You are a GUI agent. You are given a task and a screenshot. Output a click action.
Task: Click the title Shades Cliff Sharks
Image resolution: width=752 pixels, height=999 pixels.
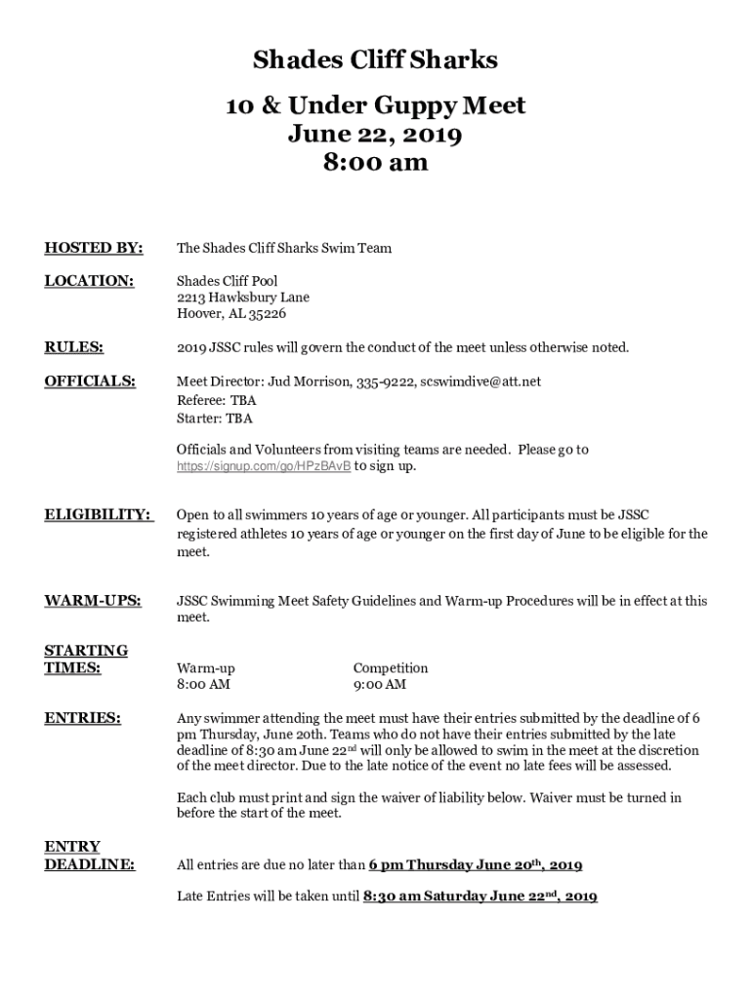coord(375,60)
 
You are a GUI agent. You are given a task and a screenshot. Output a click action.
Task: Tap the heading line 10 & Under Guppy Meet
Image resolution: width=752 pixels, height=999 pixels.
coord(375,104)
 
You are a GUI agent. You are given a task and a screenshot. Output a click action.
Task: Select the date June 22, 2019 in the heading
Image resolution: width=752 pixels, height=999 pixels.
coord(375,134)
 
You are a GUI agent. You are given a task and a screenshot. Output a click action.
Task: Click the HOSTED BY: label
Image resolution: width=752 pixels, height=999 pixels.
coord(94,248)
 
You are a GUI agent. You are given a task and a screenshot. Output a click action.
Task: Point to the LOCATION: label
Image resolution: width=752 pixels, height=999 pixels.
coord(89,281)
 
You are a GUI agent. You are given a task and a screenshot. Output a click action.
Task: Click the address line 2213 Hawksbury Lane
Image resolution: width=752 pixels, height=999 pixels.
coord(243,298)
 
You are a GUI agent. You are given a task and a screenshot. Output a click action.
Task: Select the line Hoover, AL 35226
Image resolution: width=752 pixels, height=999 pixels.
coord(231,314)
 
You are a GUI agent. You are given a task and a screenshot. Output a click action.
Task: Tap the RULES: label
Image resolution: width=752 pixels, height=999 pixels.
coord(74,347)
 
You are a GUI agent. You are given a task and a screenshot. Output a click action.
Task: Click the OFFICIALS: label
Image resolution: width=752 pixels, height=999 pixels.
coord(90,380)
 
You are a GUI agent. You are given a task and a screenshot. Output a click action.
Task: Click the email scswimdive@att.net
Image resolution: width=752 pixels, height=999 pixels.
coord(480,380)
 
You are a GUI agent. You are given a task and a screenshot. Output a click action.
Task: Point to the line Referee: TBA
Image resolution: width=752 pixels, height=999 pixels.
coord(216,400)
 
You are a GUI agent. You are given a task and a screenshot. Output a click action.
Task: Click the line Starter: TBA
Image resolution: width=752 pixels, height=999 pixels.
coord(214,419)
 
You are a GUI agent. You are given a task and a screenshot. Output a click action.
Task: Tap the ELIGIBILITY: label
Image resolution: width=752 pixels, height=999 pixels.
coord(98,514)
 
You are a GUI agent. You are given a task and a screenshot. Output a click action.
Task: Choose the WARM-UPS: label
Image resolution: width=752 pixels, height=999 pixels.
coord(93,601)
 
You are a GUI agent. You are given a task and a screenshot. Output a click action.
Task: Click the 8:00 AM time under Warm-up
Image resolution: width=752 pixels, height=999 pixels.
coord(203,685)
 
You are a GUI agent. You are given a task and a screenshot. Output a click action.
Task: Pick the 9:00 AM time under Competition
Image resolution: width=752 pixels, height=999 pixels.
coord(380,685)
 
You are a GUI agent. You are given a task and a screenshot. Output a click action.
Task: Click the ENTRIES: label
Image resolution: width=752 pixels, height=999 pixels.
coord(83,719)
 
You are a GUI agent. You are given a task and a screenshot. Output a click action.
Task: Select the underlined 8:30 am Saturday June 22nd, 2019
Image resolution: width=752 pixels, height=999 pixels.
coord(480,896)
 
